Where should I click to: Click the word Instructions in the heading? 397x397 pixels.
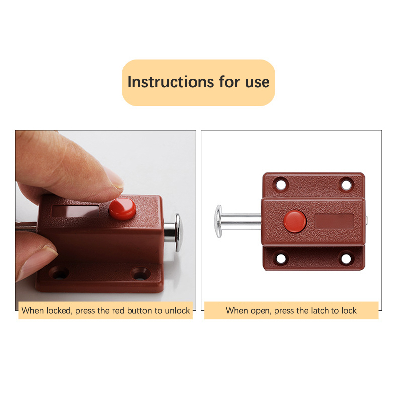pos(171,82)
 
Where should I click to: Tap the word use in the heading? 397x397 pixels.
pos(257,83)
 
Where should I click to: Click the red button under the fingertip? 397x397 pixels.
pos(123,208)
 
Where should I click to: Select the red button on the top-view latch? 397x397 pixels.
pos(295,221)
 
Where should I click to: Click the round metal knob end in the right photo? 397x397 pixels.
pos(218,221)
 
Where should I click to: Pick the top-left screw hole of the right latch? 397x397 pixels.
pos(281,184)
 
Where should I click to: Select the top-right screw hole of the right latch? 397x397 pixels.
pos(346,184)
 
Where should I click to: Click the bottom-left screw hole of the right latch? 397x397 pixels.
pos(281,258)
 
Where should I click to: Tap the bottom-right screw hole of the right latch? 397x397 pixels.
pos(346,258)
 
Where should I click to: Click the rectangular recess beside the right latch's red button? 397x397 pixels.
pos(334,222)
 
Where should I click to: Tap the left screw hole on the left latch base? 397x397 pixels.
pos(59,273)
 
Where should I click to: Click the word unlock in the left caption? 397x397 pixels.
pos(177,311)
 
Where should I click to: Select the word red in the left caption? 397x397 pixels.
pos(118,311)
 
